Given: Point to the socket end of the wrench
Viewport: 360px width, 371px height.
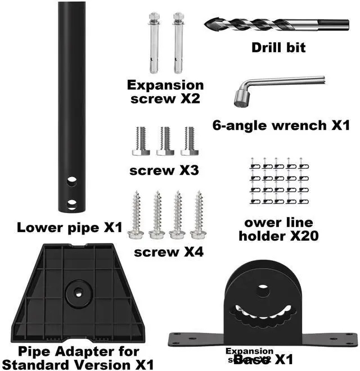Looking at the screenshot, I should tap(240, 99).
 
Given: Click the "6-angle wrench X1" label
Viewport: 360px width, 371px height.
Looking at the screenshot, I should tap(281, 125).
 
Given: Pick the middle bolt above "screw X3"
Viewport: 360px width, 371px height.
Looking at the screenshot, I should tap(165, 141).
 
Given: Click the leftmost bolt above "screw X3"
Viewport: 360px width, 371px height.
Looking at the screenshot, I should tap(141, 141).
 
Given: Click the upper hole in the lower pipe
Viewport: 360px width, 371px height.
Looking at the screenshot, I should tap(71, 182).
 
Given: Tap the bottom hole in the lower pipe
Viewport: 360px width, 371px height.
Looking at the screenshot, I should tap(71, 203).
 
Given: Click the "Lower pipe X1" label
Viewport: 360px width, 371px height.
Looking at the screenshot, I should tap(69, 228).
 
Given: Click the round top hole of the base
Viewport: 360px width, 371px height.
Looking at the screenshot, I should tap(263, 291).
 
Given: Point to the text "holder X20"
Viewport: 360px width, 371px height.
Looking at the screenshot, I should tap(278, 236).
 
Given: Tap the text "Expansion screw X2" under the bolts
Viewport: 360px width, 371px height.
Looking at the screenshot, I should tap(165, 92).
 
